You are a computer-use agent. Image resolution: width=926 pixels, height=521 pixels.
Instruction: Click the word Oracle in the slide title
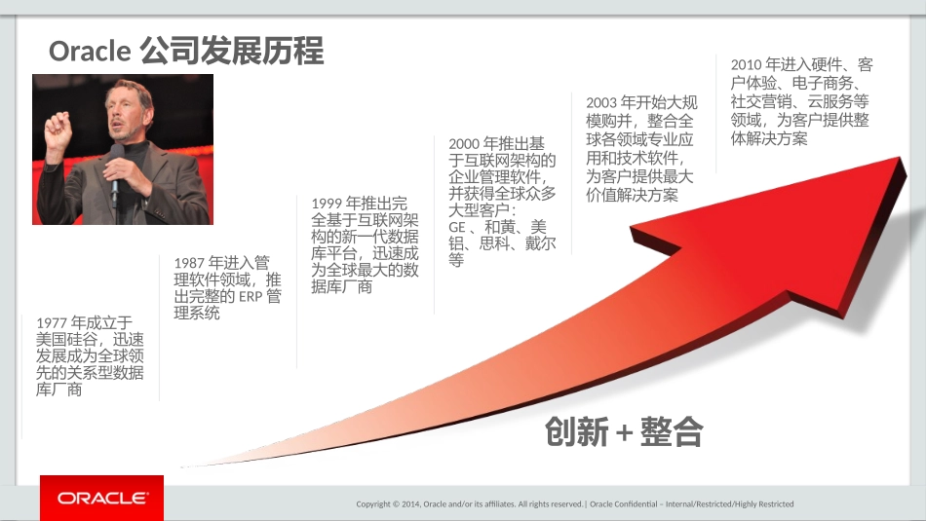(x=90, y=51)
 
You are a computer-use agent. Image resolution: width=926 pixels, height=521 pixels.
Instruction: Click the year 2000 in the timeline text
(x=464, y=144)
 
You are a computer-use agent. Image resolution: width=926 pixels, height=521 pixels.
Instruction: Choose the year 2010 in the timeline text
(x=747, y=65)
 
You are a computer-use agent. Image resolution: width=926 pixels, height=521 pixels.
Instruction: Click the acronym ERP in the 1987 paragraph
(x=250, y=296)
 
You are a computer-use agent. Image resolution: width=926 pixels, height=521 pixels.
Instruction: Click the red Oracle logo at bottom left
(x=101, y=499)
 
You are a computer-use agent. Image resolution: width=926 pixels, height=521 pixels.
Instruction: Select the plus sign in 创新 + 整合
(x=625, y=432)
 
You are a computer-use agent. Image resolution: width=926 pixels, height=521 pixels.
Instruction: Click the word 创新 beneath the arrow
(x=577, y=432)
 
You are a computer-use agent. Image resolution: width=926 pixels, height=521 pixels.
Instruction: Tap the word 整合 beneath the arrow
(x=672, y=432)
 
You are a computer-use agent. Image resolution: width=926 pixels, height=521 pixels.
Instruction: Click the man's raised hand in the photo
(x=58, y=130)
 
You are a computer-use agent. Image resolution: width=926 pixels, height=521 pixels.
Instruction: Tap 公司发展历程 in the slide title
(x=232, y=51)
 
